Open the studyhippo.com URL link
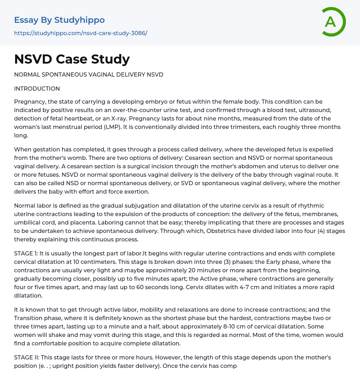point(81,33)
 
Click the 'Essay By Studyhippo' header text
point(59,20)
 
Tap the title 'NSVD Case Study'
point(72,59)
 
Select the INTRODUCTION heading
point(37,89)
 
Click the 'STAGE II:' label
point(27,357)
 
